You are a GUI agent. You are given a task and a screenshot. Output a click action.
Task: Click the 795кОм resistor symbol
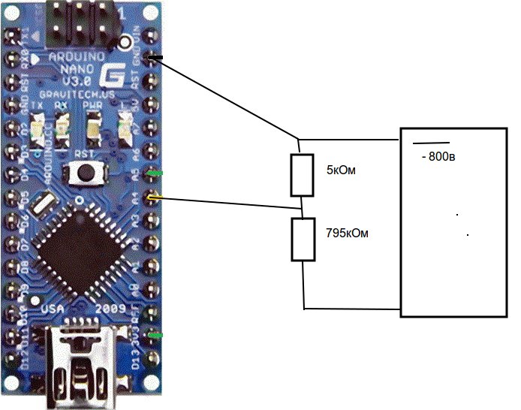303,240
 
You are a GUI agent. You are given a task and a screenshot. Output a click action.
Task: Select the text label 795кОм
348,234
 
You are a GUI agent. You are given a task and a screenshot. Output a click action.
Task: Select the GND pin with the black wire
153,58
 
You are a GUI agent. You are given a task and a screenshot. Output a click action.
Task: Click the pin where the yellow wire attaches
153,197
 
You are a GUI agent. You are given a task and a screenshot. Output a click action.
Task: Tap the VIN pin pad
153,35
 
